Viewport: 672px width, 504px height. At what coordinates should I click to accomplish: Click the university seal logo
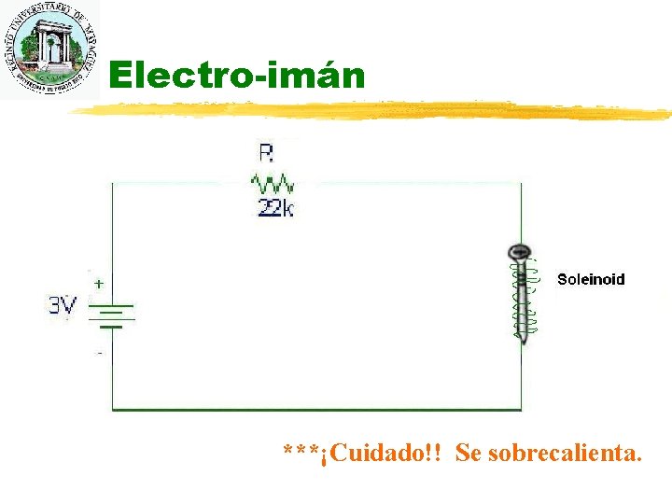click(x=49, y=49)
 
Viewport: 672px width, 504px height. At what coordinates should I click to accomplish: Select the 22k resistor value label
click(x=275, y=209)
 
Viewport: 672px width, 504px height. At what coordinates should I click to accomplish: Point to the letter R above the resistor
click(x=265, y=152)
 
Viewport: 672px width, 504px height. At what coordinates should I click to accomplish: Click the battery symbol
click(x=113, y=315)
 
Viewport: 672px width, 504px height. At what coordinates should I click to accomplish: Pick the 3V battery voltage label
click(x=63, y=305)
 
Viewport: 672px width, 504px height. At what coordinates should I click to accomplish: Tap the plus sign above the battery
click(x=98, y=282)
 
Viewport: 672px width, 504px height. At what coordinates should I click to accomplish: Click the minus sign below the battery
click(x=100, y=353)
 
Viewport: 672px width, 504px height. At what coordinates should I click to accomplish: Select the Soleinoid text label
click(x=591, y=279)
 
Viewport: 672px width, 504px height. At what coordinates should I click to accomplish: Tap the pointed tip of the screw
click(x=523, y=342)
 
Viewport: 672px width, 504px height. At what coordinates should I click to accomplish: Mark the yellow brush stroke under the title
click(x=373, y=110)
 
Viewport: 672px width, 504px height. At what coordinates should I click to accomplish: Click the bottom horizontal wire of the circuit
click(x=317, y=409)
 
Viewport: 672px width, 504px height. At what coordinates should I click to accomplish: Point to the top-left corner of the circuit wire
click(x=113, y=183)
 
